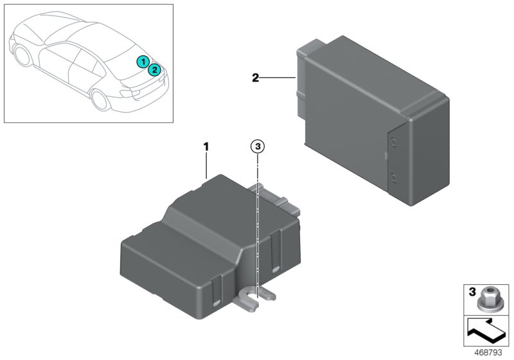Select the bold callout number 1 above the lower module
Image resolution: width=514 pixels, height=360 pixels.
pos(206,147)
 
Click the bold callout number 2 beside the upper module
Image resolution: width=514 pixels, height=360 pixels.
pos(255,78)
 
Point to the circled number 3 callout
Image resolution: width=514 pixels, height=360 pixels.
pos(258,147)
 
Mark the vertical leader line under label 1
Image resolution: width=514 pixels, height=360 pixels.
pos(206,166)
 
